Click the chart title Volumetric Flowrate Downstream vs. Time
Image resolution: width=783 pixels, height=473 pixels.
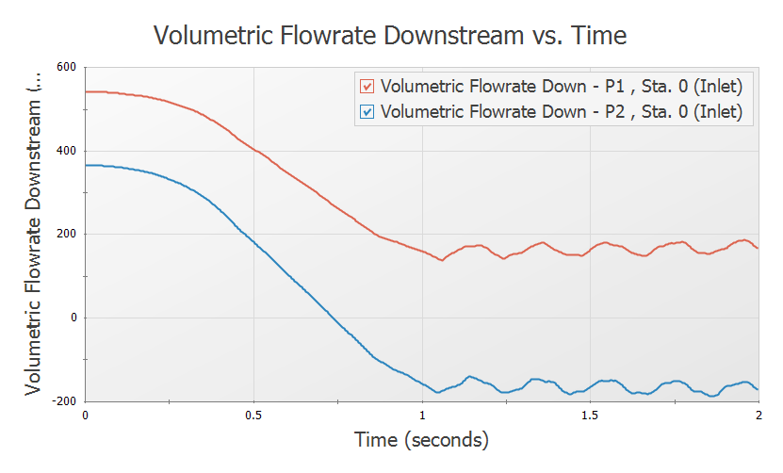coord(390,36)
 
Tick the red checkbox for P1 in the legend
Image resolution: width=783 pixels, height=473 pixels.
coord(367,88)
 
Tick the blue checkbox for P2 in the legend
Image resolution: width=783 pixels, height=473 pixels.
coord(367,112)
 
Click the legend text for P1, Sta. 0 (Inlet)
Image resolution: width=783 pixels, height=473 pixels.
coord(561,88)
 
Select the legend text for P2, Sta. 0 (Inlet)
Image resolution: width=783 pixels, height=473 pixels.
coord(561,112)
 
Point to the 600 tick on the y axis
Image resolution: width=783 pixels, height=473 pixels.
coord(65,67)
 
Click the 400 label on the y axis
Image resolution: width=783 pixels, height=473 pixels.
coord(65,151)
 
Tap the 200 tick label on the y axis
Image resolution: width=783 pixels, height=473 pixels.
coord(65,234)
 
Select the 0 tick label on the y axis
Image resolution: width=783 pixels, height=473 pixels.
coord(73,318)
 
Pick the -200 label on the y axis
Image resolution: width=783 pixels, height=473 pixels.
coord(63,400)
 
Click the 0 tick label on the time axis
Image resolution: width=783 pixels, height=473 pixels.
coord(86,415)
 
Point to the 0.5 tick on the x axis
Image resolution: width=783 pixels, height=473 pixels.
coord(253,415)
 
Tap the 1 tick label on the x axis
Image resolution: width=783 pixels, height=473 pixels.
coord(422,415)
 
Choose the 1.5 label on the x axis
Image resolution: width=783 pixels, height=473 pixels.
coord(590,415)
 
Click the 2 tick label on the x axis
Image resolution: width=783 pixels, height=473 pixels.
coord(758,415)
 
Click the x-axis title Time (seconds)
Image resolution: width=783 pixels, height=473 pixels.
coord(421,439)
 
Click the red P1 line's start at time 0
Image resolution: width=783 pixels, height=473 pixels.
coord(87,91)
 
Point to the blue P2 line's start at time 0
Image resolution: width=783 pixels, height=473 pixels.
coord(87,165)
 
